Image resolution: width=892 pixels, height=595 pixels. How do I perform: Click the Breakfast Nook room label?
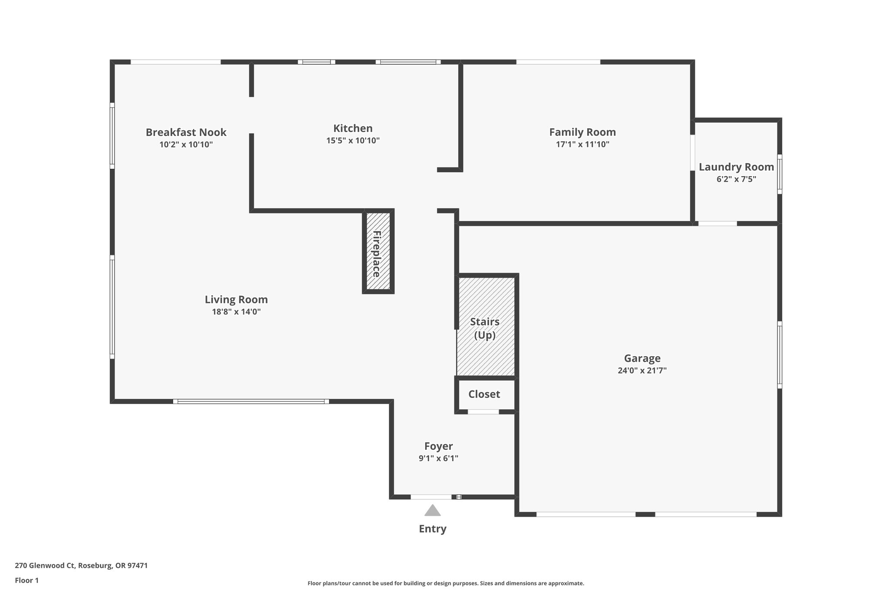pos(186,132)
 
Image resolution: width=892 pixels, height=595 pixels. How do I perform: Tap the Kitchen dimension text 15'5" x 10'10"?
pos(353,141)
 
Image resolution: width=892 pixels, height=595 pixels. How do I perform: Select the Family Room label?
pos(582,132)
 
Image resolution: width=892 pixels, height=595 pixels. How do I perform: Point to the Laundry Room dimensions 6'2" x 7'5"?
pos(736,179)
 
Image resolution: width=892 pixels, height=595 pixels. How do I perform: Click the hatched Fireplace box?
pos(378,252)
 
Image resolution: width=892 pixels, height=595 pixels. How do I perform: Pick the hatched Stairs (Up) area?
pos(485,327)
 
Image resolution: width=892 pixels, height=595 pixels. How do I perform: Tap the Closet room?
pos(484,394)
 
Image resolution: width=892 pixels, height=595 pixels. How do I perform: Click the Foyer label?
pos(439,446)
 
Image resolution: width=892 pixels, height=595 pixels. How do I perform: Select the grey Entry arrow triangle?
pos(432,511)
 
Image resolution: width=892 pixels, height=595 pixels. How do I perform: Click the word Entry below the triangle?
pos(432,529)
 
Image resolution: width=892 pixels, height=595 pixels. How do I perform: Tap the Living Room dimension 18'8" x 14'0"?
pos(236,312)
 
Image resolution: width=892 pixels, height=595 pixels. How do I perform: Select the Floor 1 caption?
pos(27,581)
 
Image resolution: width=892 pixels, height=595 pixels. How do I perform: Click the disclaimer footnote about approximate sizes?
pos(446,583)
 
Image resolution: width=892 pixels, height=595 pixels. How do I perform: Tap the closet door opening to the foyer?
pos(483,412)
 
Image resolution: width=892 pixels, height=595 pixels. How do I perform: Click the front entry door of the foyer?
pos(431,497)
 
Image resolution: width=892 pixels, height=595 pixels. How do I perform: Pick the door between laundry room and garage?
pos(717,224)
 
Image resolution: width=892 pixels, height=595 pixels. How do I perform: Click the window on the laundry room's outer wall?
pos(780,174)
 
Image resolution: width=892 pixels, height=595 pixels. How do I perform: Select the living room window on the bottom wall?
pos(251,401)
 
